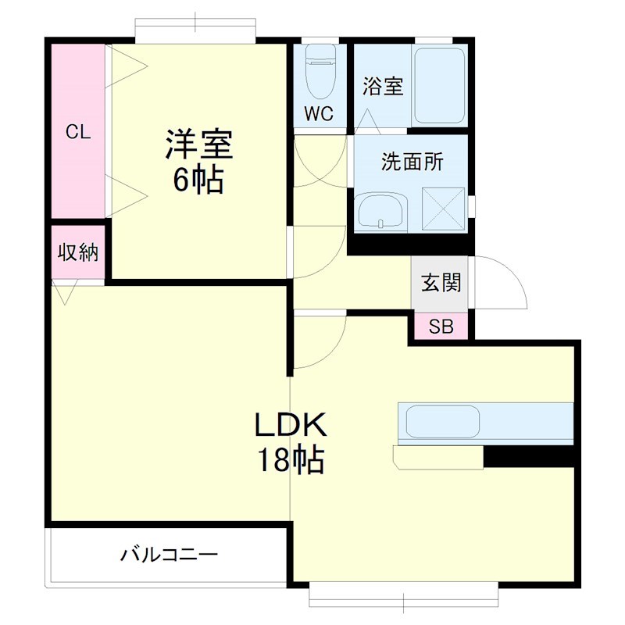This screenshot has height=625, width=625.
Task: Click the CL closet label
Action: point(78,132)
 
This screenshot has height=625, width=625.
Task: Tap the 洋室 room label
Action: point(198,145)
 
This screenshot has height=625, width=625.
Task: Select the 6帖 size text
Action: point(198,181)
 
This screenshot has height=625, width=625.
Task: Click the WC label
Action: point(319,114)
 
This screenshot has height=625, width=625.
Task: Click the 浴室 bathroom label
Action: point(383,87)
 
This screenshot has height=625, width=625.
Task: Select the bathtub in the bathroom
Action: point(439,86)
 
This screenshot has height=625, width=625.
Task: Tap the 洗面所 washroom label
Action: point(412,162)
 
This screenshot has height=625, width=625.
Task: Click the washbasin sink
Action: point(380,212)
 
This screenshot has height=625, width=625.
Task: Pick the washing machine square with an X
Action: point(443,209)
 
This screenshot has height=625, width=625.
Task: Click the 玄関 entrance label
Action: point(441,283)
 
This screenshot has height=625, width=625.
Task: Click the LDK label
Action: point(288,426)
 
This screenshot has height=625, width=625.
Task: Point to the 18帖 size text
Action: point(288,461)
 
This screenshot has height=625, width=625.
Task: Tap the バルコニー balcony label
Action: point(168,556)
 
